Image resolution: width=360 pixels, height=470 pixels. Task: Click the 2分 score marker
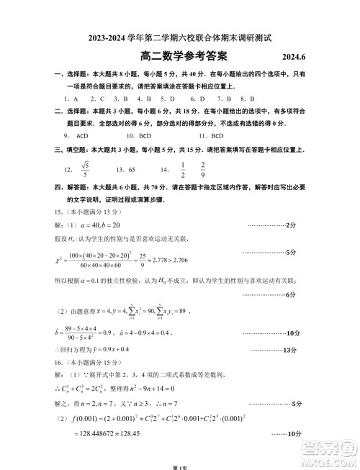tap(290, 225)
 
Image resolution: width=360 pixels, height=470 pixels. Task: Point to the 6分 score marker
tap(292, 294)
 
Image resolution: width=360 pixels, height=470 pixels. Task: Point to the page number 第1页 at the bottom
tap(180, 465)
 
